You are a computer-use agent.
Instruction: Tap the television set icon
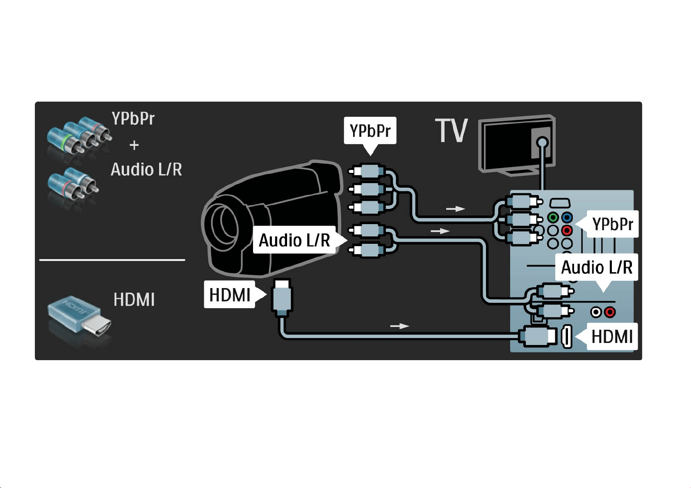pyautogui.click(x=517, y=145)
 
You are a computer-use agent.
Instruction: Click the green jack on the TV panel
pyautogui.click(x=553, y=218)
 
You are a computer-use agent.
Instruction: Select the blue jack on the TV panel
pyautogui.click(x=567, y=218)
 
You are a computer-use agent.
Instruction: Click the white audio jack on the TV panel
pyautogui.click(x=596, y=312)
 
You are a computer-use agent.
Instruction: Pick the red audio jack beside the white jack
pyautogui.click(x=610, y=312)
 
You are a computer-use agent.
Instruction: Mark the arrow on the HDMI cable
pyautogui.click(x=399, y=326)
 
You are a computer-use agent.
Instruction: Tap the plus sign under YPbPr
pyautogui.click(x=134, y=145)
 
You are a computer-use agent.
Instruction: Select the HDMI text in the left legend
pyautogui.click(x=134, y=300)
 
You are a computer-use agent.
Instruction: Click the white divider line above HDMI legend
pyautogui.click(x=112, y=260)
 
